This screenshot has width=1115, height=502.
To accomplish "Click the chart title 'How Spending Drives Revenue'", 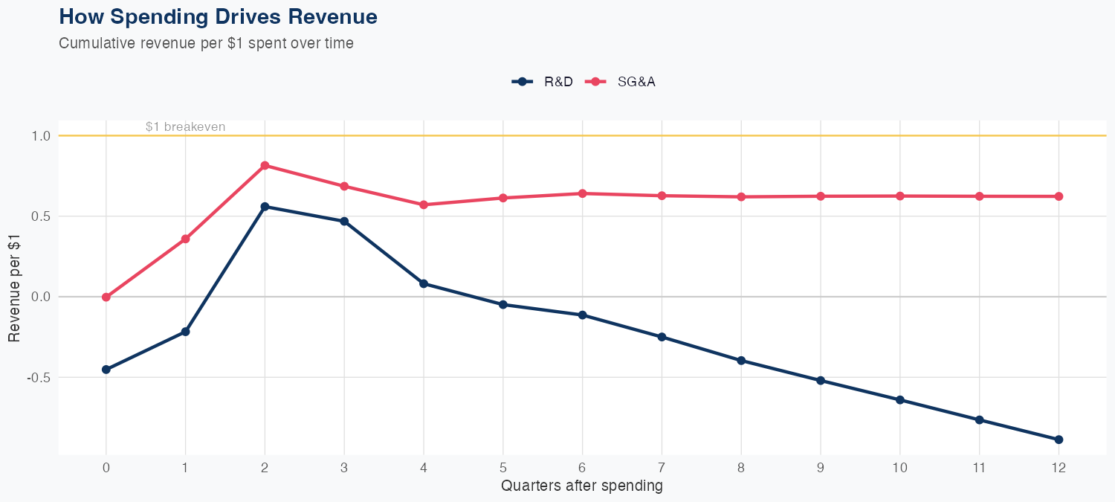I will pyautogui.click(x=218, y=17).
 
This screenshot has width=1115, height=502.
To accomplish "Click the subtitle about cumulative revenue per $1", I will pyautogui.click(x=206, y=43).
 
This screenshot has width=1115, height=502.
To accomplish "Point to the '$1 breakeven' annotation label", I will pyautogui.click(x=185, y=127).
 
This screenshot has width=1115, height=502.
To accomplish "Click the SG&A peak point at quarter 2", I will pyautogui.click(x=265, y=165).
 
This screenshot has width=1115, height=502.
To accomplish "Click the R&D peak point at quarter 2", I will pyautogui.click(x=265, y=207).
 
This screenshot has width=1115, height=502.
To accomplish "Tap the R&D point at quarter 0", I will pyautogui.click(x=106, y=370).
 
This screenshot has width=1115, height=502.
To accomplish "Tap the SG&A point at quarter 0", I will pyautogui.click(x=106, y=297).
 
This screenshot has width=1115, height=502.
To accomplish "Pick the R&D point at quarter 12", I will pyautogui.click(x=1059, y=440).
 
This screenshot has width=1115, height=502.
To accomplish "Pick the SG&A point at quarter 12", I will pyautogui.click(x=1059, y=196).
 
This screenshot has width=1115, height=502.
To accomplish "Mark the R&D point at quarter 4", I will pyautogui.click(x=424, y=283).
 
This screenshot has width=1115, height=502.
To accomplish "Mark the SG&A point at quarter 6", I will pyautogui.click(x=582, y=193).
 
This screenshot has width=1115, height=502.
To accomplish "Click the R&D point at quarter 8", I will pyautogui.click(x=741, y=361).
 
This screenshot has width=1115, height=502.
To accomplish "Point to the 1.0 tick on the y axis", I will pyautogui.click(x=41, y=136).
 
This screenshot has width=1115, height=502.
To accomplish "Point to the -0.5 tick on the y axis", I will pyautogui.click(x=39, y=377).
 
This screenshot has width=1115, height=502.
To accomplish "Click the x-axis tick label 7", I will pyautogui.click(x=662, y=468).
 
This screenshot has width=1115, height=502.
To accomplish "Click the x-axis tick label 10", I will pyautogui.click(x=899, y=468).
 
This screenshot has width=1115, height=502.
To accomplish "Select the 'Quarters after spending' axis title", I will pyautogui.click(x=581, y=486).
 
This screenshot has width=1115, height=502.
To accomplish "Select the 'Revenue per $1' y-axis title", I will pyautogui.click(x=14, y=297).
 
